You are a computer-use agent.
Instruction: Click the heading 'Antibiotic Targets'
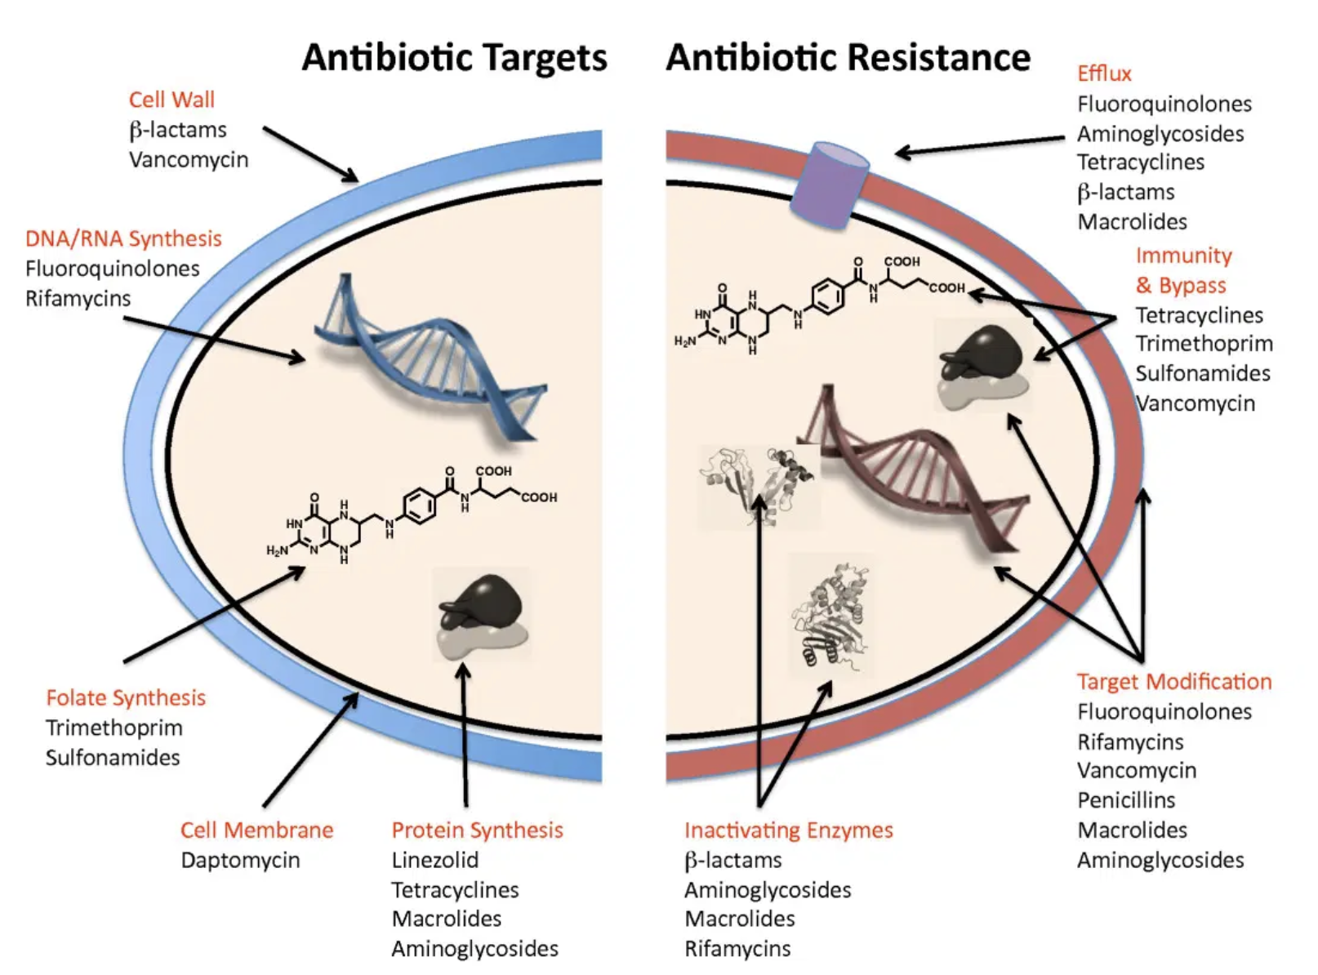[x=454, y=58]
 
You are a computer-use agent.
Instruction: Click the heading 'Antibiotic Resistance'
[x=848, y=58]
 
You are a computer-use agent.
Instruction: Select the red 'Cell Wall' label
[x=171, y=100]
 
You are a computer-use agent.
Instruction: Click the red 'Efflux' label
[x=1104, y=73]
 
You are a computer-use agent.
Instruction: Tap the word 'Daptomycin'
[x=240, y=860]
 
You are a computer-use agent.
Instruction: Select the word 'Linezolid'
[x=434, y=860]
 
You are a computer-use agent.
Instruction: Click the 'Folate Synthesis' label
[x=126, y=698]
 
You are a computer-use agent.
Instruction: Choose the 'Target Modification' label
[x=1173, y=682]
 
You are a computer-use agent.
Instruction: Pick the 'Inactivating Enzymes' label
[x=788, y=830]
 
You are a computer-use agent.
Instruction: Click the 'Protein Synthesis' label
[x=477, y=830]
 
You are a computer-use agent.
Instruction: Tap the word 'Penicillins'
[x=1126, y=800]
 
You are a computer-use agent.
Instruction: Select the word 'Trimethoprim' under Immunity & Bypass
[x=1204, y=344]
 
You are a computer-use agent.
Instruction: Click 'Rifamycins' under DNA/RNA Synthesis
[x=78, y=299]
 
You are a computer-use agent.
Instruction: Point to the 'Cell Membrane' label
[x=256, y=830]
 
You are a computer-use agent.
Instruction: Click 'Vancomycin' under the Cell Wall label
[x=189, y=159]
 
